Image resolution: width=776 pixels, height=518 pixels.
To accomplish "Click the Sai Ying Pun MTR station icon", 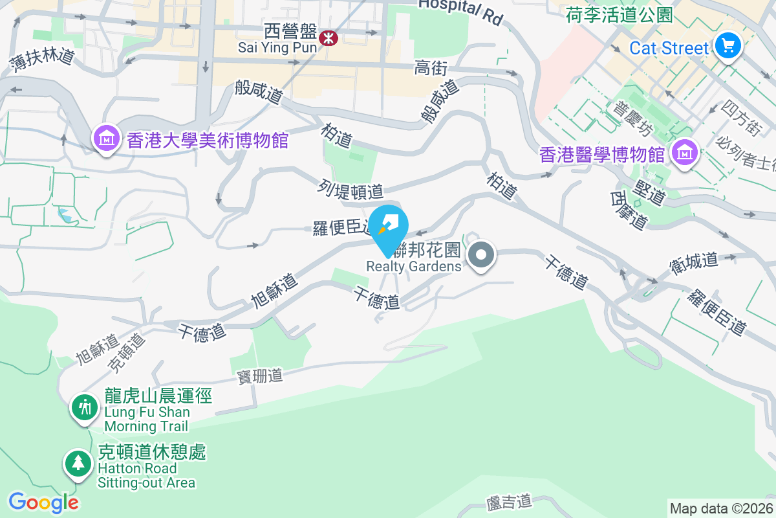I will point(329,38).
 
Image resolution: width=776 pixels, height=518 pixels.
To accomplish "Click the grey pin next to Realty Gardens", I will point(481,254).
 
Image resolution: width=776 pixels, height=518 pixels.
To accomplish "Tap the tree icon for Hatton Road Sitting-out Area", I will point(78,462).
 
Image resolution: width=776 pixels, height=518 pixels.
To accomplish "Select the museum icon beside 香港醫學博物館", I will point(684,153).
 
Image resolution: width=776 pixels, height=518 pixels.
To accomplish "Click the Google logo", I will point(43,502).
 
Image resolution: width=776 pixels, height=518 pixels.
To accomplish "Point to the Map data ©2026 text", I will point(720,509).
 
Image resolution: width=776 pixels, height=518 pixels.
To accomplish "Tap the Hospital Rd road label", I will point(460,10).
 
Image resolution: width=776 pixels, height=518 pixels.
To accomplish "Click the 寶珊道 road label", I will point(260,376).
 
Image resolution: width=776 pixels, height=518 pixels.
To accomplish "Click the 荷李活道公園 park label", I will point(619,14).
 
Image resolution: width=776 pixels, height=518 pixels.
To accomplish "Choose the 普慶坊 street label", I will point(633,119).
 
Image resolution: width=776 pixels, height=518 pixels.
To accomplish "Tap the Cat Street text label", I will point(669,48).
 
